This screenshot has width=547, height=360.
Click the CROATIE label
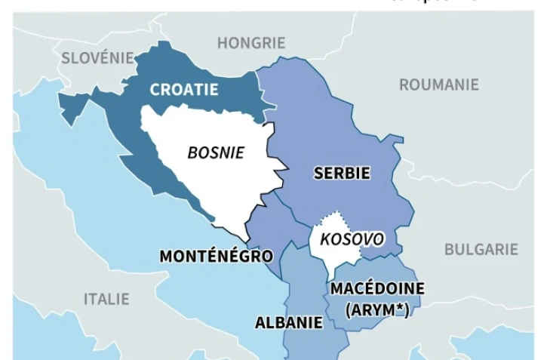(x=184, y=90)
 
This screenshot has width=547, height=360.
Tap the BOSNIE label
(x=216, y=152)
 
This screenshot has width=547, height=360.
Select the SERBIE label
(x=342, y=174)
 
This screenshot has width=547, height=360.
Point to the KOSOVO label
(x=352, y=240)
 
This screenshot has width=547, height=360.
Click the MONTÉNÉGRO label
(x=216, y=257)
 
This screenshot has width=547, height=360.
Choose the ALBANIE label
(x=289, y=323)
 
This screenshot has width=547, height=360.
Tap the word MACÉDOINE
(x=377, y=289)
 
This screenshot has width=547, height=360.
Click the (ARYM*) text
(x=376, y=309)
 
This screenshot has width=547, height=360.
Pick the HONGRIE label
(x=251, y=43)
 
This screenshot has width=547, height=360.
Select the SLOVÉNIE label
(x=97, y=57)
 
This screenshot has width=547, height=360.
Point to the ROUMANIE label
(x=438, y=85)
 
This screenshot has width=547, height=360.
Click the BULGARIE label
(x=481, y=249)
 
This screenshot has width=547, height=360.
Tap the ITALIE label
(x=106, y=299)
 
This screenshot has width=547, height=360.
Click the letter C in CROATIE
(x=155, y=90)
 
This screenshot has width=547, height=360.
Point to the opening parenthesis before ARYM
(x=348, y=309)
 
